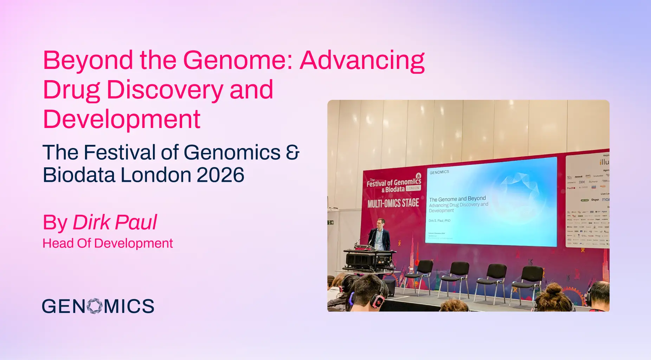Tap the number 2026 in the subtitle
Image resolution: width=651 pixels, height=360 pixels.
click(220, 175)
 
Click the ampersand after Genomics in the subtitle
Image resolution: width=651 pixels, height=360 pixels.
click(292, 153)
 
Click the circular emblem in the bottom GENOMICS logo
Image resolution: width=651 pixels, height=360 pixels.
click(94, 306)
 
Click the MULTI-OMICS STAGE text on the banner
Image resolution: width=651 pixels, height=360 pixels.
click(393, 203)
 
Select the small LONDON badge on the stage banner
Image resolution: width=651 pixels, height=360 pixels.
click(413, 188)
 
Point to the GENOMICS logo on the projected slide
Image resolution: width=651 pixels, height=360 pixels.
click(439, 172)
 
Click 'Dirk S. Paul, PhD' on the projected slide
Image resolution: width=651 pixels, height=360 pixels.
click(439, 221)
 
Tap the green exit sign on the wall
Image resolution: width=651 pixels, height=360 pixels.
click(330, 223)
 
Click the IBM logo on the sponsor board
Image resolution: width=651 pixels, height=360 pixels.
click(582, 182)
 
